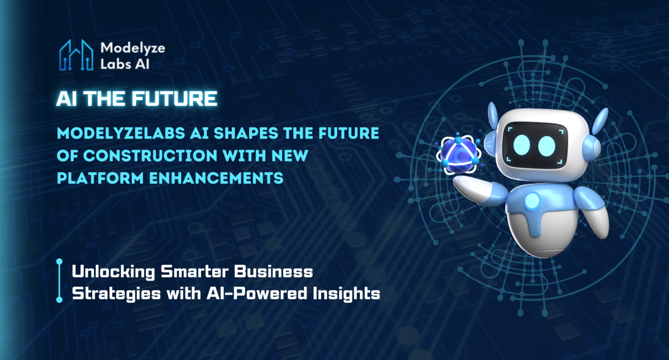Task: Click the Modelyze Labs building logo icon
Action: tap(76, 56)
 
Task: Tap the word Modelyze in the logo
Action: tap(133, 48)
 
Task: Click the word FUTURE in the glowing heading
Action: tap(175, 99)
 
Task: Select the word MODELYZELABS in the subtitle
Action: tap(121, 133)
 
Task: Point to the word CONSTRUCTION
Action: tap(150, 155)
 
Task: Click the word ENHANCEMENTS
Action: tap(216, 178)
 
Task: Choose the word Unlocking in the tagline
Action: tap(114, 272)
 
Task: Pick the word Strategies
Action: tap(116, 294)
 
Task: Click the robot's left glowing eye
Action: tap(521, 145)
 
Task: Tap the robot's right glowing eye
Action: tap(547, 146)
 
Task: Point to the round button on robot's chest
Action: tap(532, 201)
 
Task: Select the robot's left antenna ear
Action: tap(493, 116)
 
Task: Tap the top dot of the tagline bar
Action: tap(59, 262)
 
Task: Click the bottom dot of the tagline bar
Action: tap(59, 299)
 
